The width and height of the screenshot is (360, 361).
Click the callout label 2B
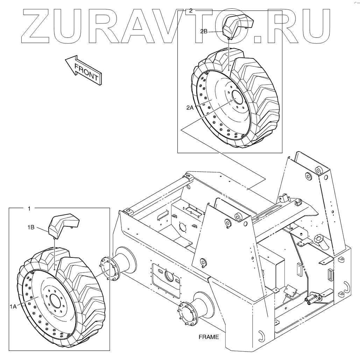click(204, 31)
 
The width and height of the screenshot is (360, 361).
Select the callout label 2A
click(190, 108)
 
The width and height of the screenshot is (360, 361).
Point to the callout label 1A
click(13, 306)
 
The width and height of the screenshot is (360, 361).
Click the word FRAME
click(209, 337)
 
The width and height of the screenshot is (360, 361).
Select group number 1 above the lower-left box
click(29, 208)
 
